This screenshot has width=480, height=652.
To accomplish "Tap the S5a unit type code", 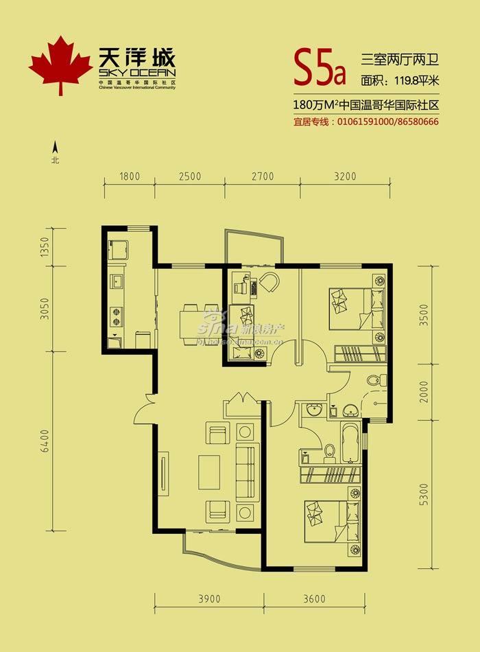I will (x=320, y=65).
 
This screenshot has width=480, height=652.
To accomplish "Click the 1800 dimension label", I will (x=129, y=176).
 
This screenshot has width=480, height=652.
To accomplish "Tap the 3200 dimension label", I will (x=346, y=176).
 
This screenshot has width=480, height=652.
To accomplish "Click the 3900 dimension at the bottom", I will (x=210, y=599).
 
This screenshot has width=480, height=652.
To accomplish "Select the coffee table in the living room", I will (x=210, y=471).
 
